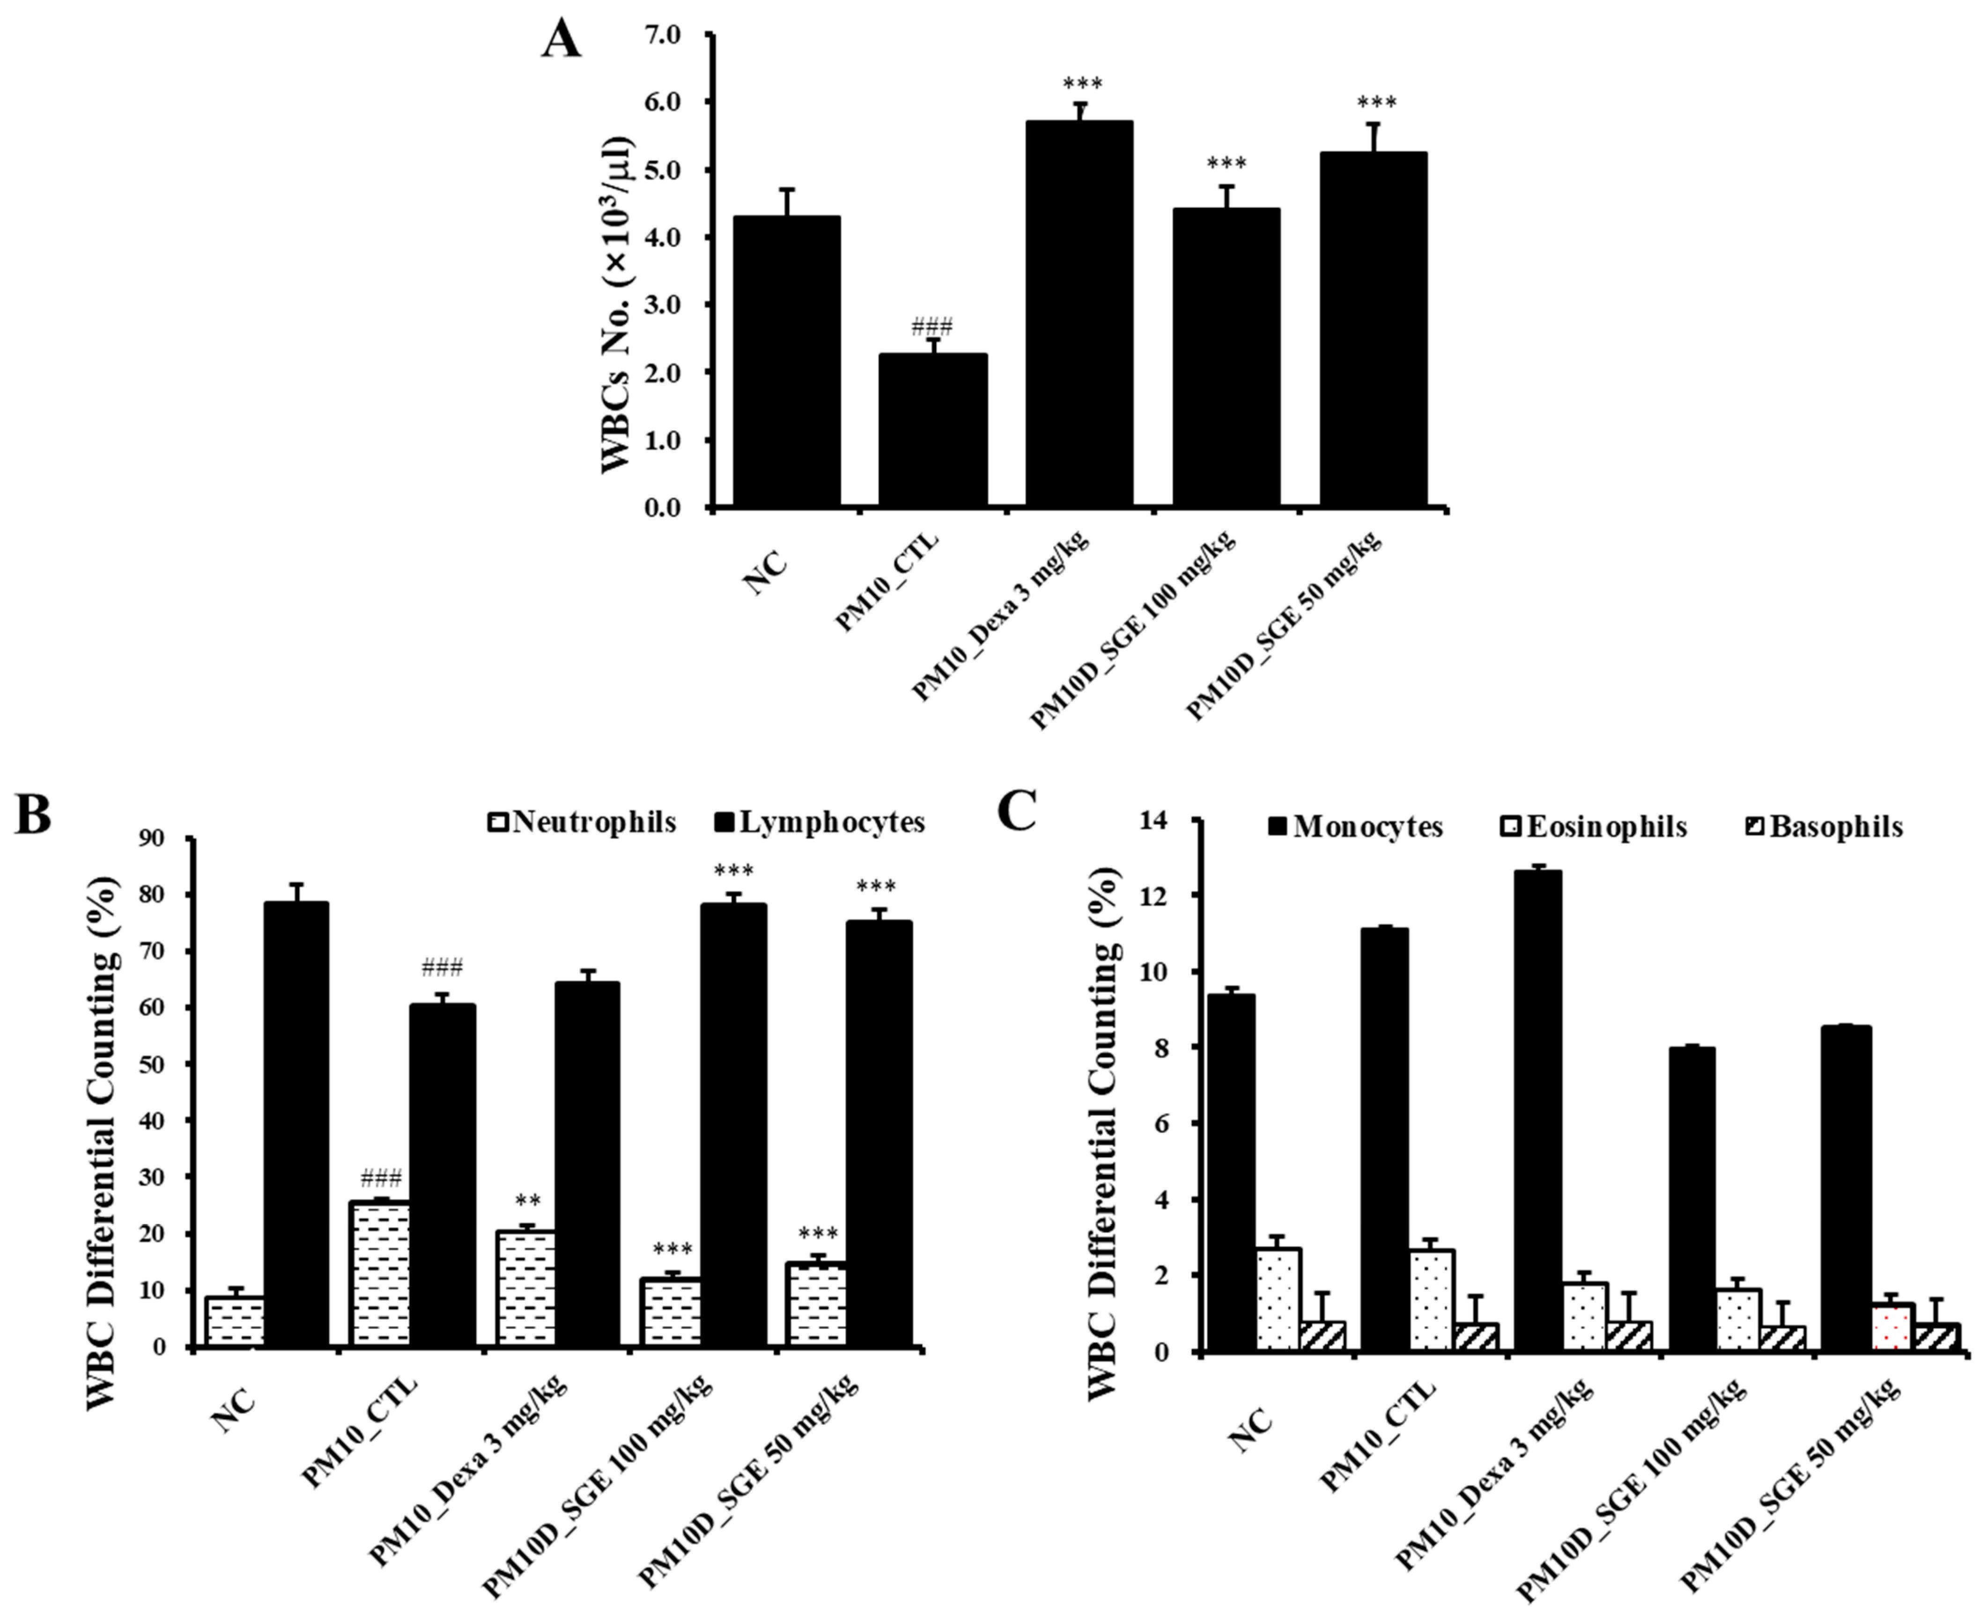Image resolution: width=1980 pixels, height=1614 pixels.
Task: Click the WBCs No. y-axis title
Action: tap(616, 305)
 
